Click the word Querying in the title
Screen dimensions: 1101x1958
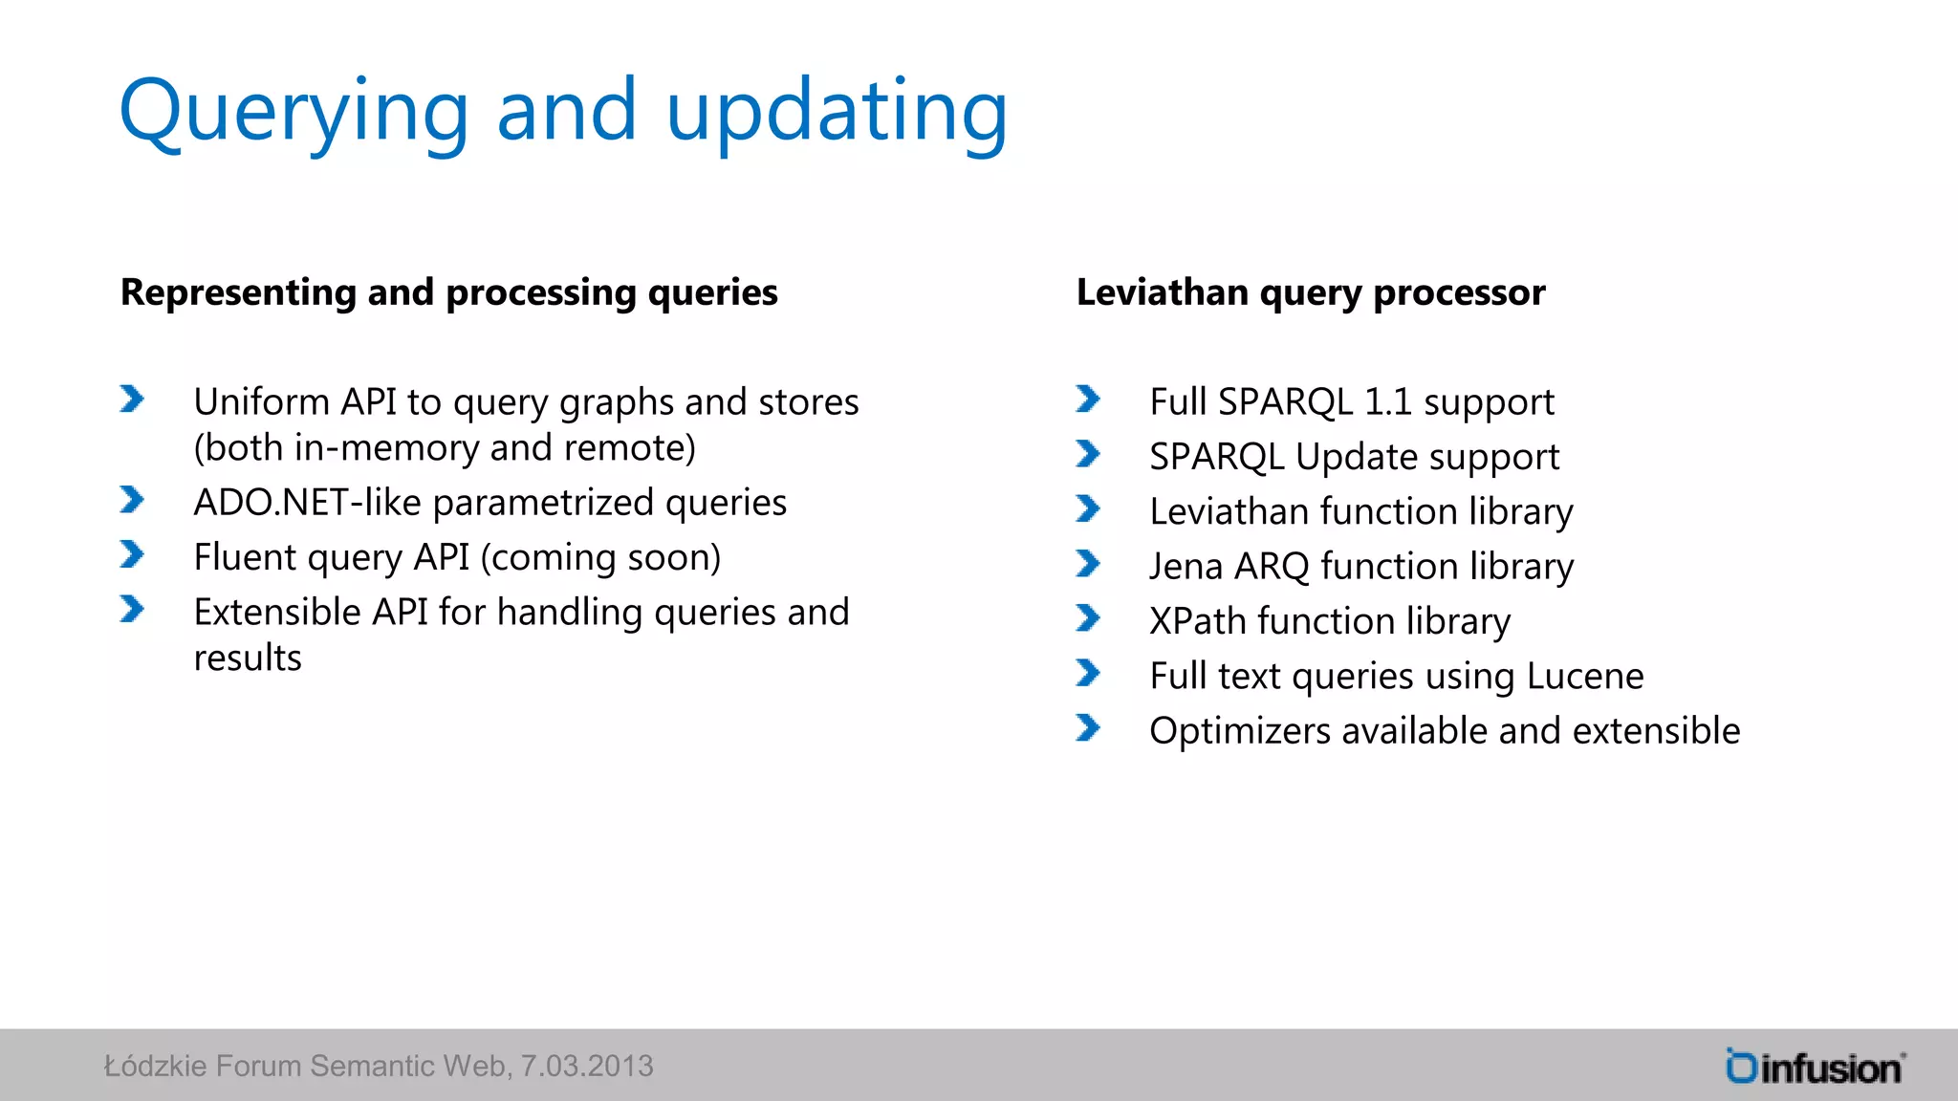(293, 113)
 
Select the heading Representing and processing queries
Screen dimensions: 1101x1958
(448, 292)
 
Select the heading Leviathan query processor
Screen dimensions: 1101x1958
(1310, 292)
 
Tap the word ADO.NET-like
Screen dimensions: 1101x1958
(307, 503)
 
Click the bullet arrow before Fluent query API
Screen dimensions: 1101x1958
(132, 554)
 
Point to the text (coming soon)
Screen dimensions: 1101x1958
(600, 557)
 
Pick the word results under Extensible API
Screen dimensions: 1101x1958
(248, 658)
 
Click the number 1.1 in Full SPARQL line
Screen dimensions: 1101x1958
(1387, 402)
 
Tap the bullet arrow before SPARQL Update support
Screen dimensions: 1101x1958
(1087, 453)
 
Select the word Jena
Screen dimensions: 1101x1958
(1186, 567)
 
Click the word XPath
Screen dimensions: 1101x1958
(1197, 621)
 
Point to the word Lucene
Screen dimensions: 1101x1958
(1584, 677)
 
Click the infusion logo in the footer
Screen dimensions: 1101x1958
(1815, 1067)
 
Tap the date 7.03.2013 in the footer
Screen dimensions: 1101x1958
(586, 1067)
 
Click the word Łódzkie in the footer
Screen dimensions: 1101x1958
(155, 1067)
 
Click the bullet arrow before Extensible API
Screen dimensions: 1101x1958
(132, 609)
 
